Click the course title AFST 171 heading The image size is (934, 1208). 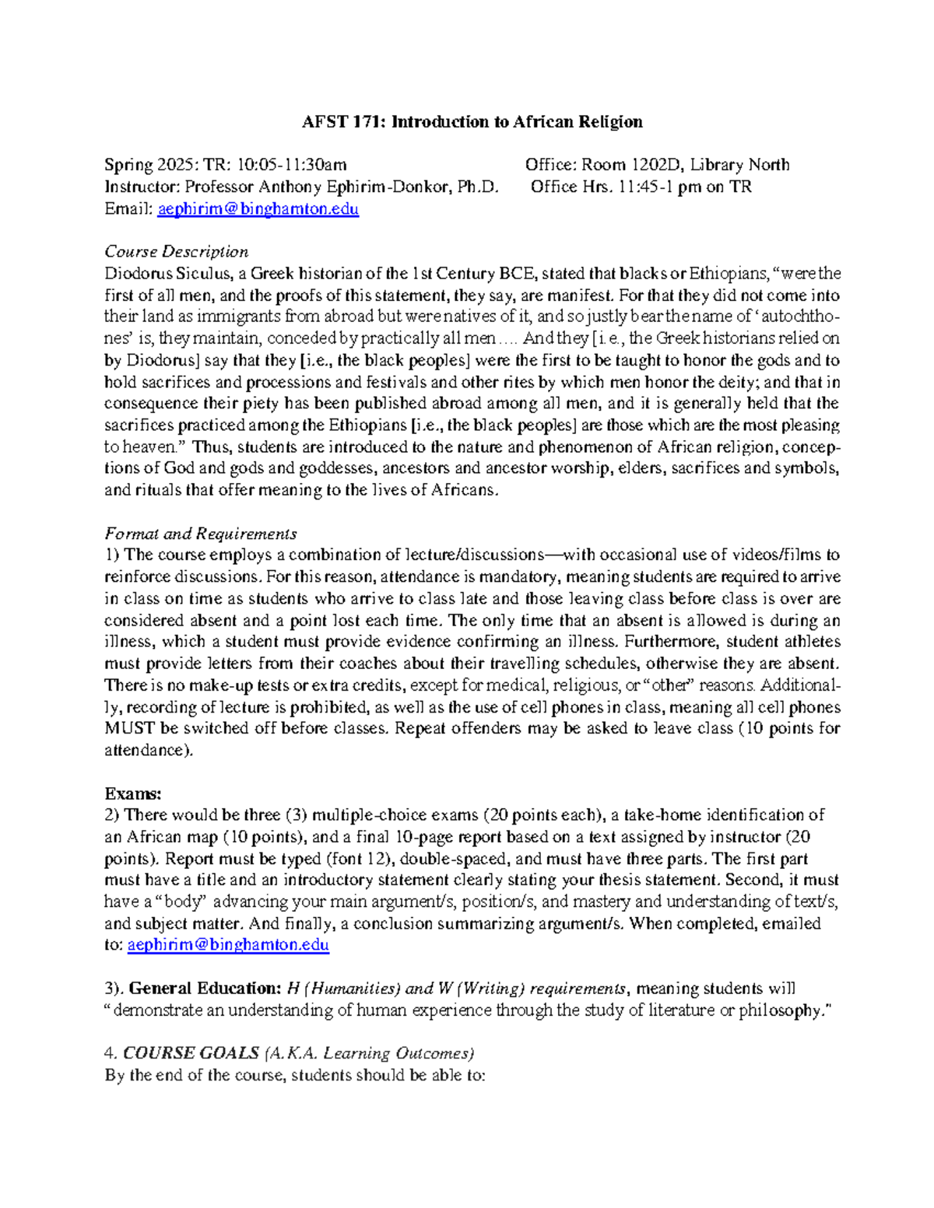472,121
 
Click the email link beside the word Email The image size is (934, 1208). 258,209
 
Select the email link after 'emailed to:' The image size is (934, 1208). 228,945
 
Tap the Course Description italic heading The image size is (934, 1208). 177,251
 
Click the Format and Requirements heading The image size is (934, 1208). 201,534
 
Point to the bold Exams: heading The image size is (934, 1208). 133,793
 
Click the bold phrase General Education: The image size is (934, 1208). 204,989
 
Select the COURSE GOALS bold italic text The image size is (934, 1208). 191,1053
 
